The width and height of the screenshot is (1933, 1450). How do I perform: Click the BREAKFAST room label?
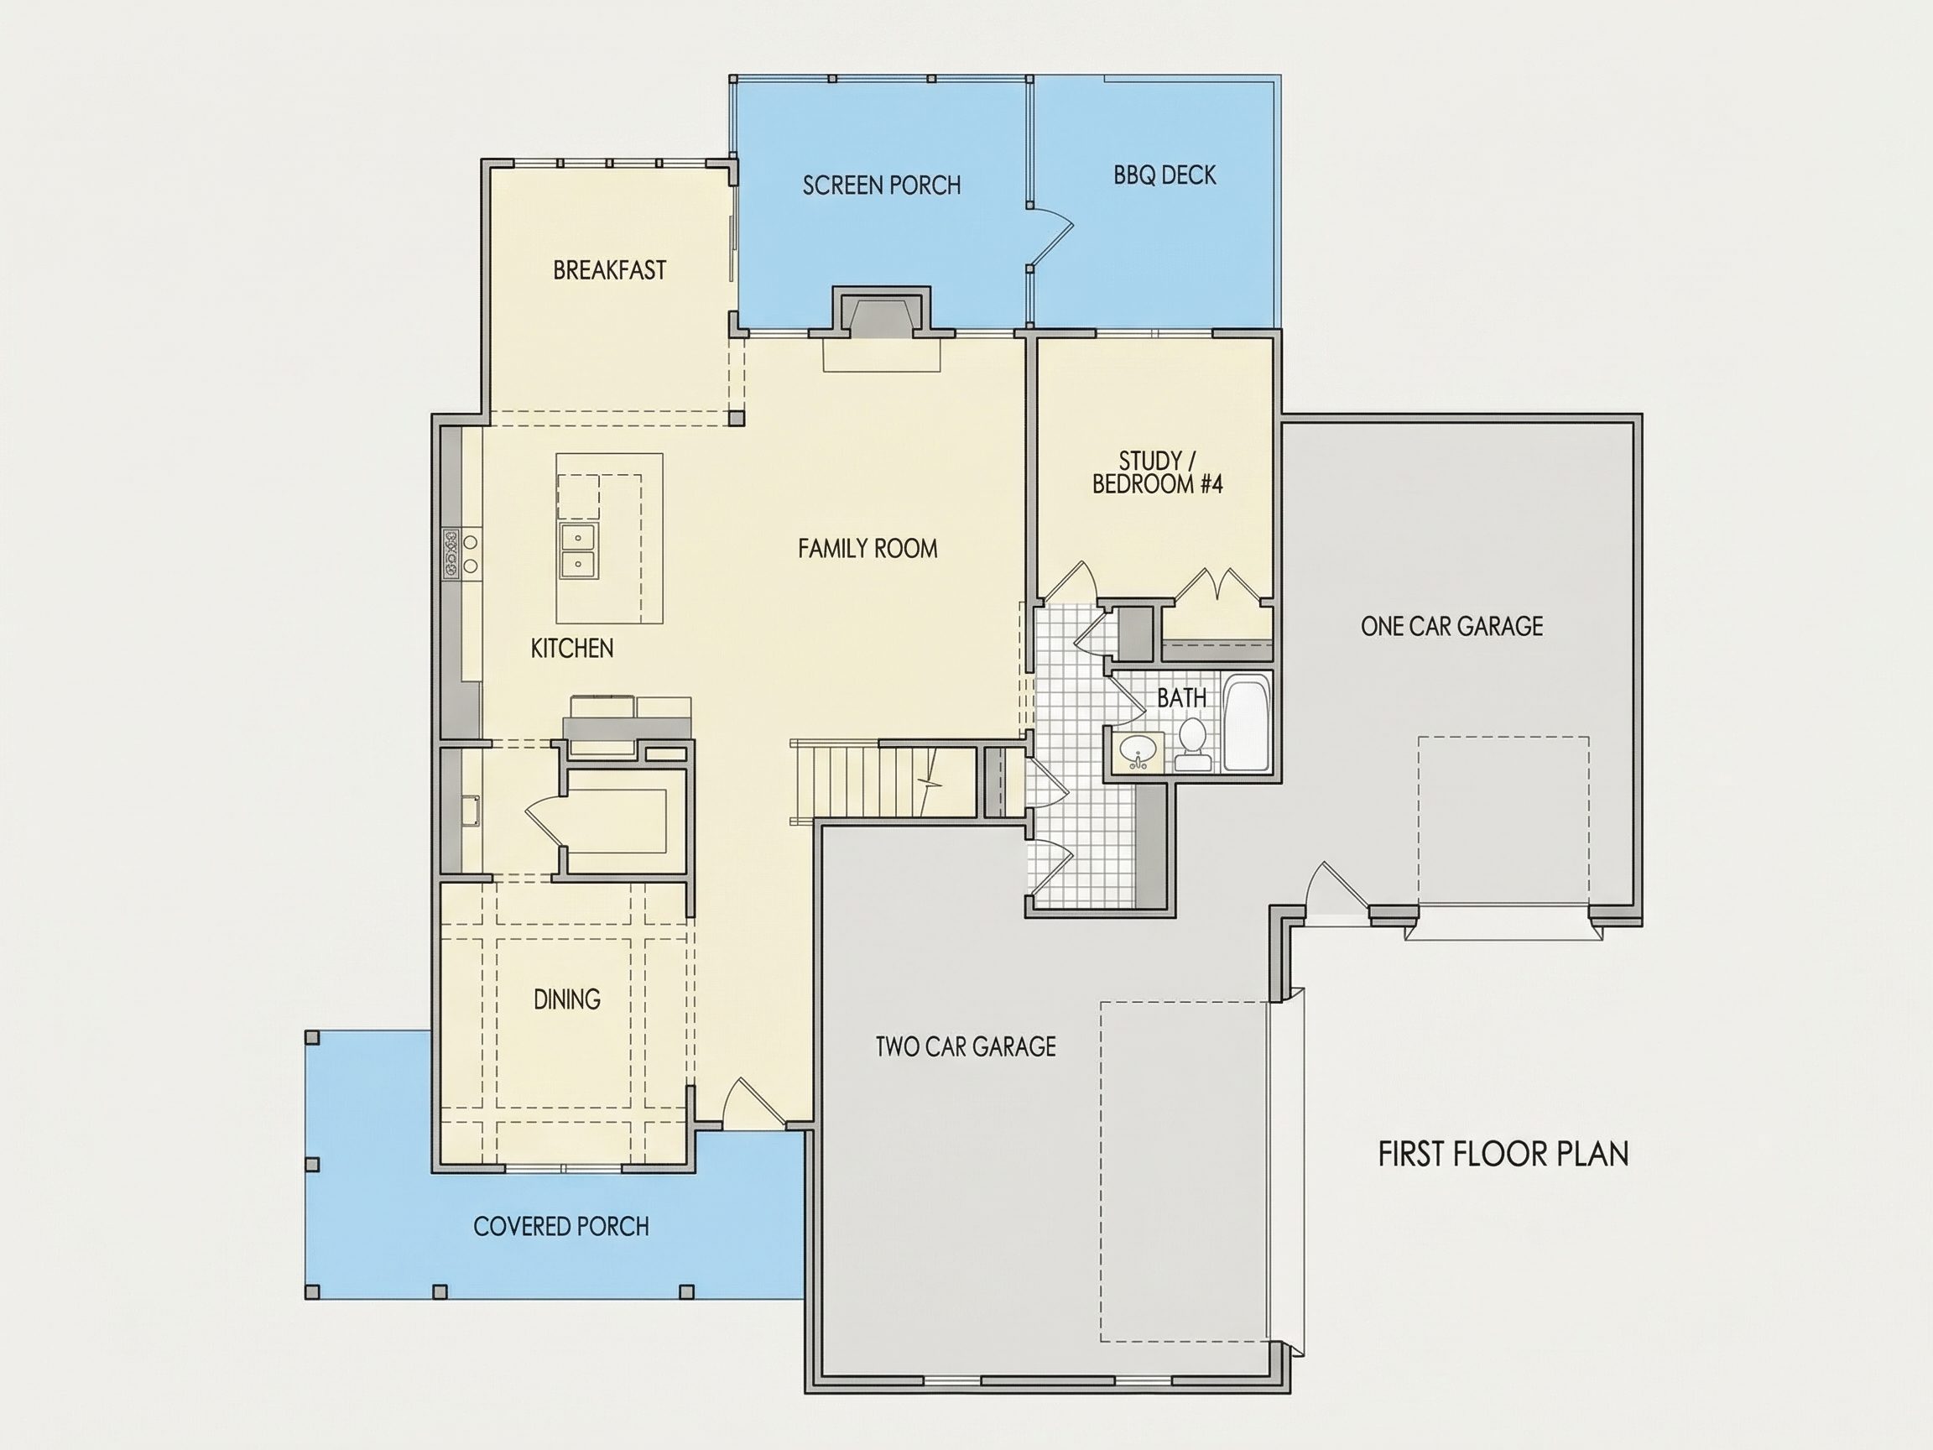click(609, 270)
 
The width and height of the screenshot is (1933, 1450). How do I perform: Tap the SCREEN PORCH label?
click(882, 185)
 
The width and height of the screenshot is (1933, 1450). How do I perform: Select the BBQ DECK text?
click(1164, 175)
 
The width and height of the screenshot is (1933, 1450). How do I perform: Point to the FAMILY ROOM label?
click(867, 549)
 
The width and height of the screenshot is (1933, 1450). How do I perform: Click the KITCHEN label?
click(571, 649)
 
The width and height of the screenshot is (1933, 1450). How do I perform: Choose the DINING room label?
click(567, 999)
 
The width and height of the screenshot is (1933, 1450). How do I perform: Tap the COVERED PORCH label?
click(561, 1227)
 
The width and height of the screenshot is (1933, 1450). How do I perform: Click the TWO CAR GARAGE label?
click(966, 1046)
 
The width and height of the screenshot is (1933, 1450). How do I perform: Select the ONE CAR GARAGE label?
click(1451, 626)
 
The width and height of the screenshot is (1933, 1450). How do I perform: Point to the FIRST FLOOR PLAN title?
click(1503, 1155)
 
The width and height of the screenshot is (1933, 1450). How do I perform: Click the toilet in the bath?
click(1193, 745)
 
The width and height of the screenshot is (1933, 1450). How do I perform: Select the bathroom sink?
click(1138, 752)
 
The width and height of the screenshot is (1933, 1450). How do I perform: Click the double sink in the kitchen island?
click(577, 550)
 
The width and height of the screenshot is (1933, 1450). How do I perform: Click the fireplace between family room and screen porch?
click(881, 315)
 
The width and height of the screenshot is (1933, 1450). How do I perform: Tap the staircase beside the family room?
click(883, 780)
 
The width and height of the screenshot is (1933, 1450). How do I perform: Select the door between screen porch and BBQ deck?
click(1050, 235)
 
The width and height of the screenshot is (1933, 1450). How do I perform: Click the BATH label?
click(1181, 697)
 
